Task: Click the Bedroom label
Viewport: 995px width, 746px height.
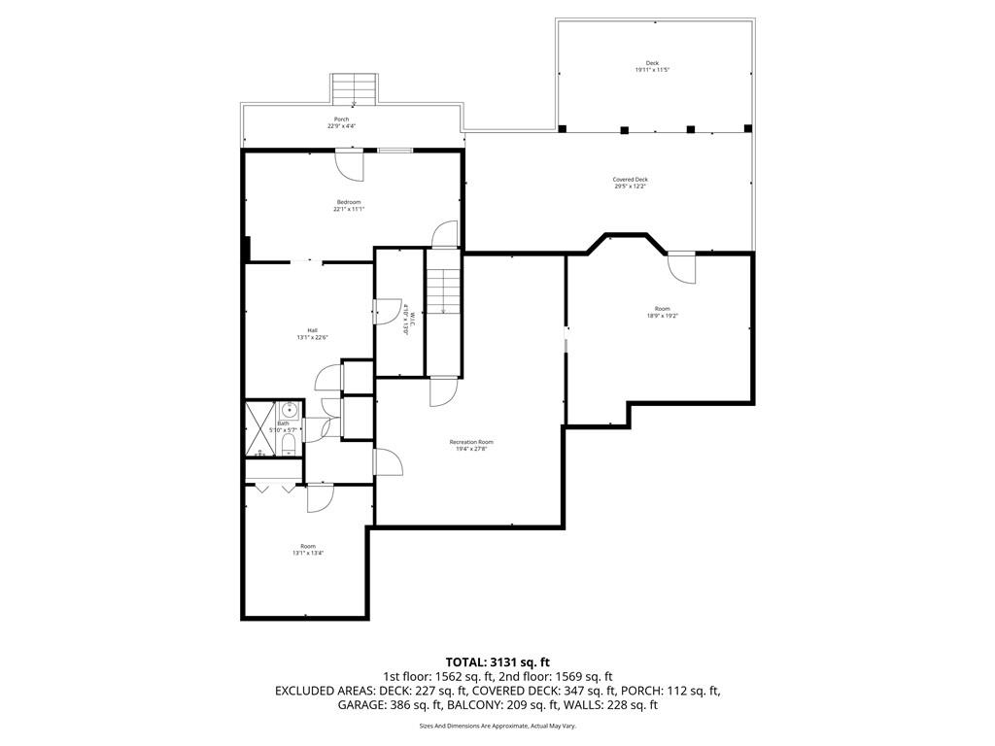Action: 349,202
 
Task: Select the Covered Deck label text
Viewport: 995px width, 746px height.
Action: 630,180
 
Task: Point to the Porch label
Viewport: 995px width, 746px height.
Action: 342,119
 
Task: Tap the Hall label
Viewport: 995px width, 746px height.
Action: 312,330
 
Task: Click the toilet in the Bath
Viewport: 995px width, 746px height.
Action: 289,445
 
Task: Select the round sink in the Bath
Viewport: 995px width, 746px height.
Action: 289,411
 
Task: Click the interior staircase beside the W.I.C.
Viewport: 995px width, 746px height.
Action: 444,291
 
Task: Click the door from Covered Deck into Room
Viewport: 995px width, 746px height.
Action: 682,267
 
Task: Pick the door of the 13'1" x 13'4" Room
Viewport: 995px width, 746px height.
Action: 320,497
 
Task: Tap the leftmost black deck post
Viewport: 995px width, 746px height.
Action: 563,128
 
